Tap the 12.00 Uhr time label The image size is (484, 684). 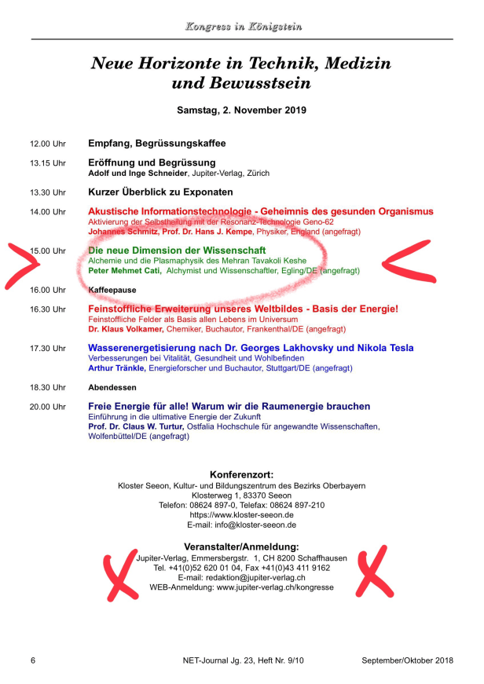point(48,144)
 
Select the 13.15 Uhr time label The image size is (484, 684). point(48,163)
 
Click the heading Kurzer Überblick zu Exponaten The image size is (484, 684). point(160,192)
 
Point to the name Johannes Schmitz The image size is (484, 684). point(125,232)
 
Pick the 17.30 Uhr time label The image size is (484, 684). point(48,348)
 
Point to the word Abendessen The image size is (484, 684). point(112,387)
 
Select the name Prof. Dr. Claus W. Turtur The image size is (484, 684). point(137,426)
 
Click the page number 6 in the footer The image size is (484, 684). point(32,660)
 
